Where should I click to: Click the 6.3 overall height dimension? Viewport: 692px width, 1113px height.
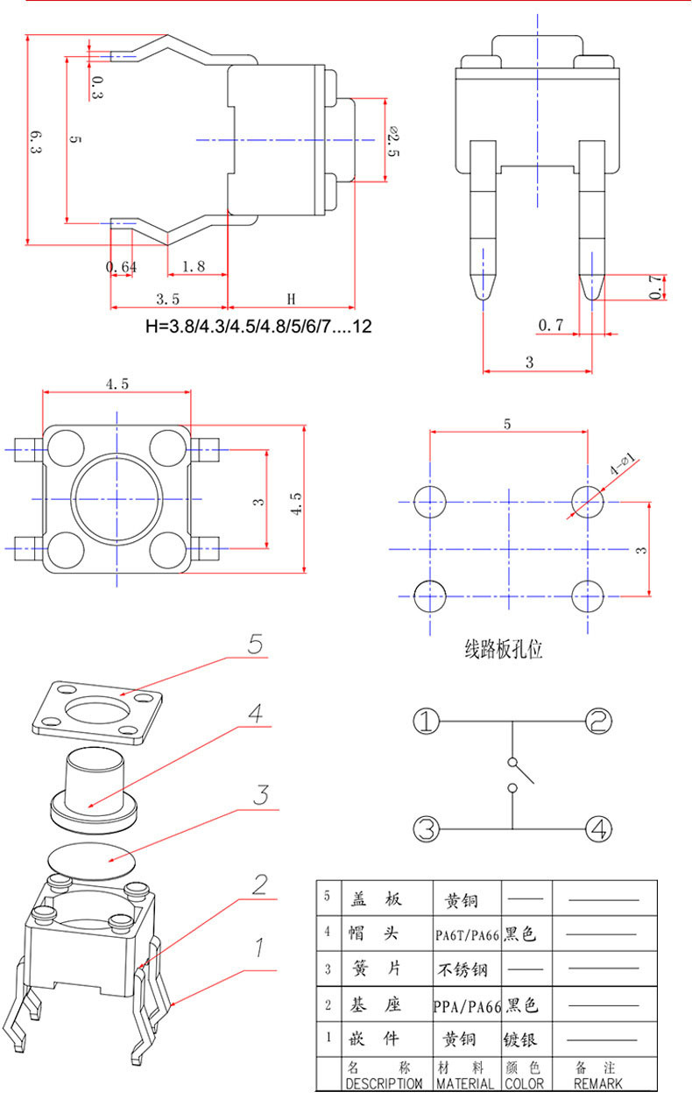(35, 142)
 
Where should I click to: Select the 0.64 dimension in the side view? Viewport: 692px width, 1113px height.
(121, 267)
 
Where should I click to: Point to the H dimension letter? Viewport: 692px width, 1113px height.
(291, 299)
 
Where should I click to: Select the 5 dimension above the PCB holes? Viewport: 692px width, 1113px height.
(507, 423)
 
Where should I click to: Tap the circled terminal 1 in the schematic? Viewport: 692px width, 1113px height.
(426, 722)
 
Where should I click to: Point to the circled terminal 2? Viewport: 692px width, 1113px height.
(598, 722)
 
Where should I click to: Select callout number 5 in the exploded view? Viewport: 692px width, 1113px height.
(255, 645)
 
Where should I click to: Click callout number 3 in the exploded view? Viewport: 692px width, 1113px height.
(260, 795)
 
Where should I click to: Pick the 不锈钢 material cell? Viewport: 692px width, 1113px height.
(468, 969)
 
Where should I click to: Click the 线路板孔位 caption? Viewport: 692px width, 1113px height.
(503, 650)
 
